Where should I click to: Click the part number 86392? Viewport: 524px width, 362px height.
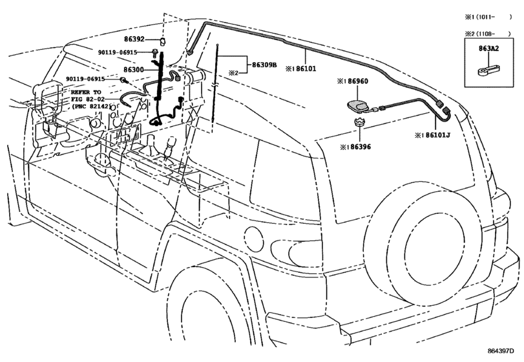[x=136, y=39]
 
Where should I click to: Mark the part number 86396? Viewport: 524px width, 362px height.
[x=357, y=148]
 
